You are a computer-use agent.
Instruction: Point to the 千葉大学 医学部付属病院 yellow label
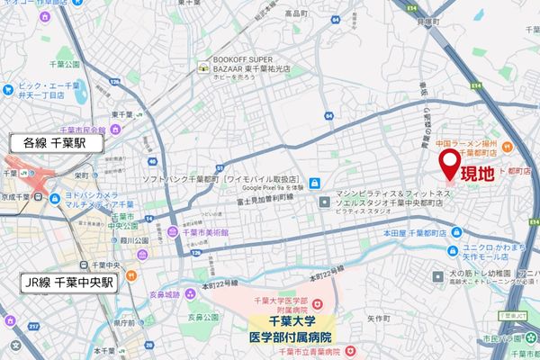coord(287,328)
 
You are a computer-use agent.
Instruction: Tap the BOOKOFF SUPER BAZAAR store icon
coord(204,67)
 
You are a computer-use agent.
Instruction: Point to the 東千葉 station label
coord(121,113)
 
